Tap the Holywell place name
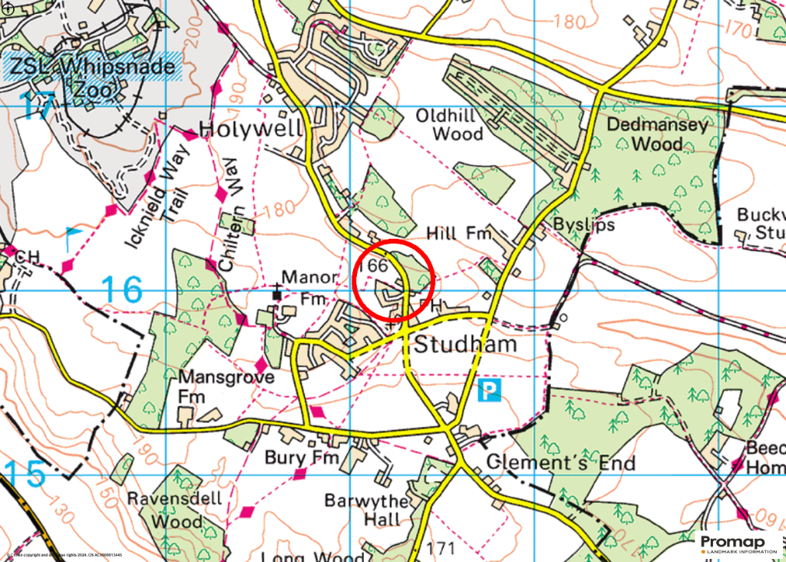click(x=251, y=128)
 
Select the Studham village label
click(x=465, y=344)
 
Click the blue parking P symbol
click(x=489, y=391)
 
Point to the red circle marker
click(x=395, y=280)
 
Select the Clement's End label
click(x=561, y=463)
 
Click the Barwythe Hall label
click(x=362, y=511)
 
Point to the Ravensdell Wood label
click(x=175, y=510)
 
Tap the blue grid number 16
click(x=122, y=290)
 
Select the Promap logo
click(x=738, y=544)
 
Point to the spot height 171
click(x=441, y=548)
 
